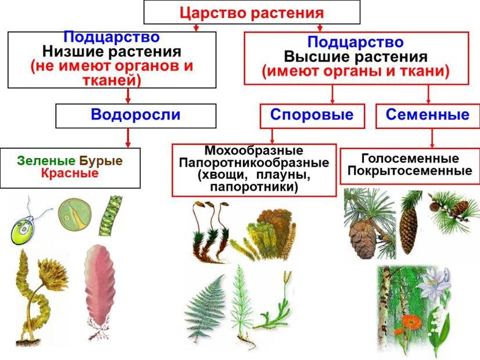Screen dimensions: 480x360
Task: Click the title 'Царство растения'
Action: [x=252, y=13]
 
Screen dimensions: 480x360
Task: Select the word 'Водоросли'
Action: [x=135, y=115]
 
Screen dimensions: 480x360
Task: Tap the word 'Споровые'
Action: [x=311, y=115]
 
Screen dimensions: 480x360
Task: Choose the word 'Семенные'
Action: [x=428, y=115]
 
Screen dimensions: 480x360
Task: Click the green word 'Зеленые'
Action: [x=46, y=161]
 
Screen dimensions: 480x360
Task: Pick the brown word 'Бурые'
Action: [x=101, y=161]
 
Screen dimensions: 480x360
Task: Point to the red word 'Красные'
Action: [x=70, y=174]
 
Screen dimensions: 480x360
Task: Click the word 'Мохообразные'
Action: [x=254, y=150]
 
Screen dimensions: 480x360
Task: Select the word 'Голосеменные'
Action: [x=410, y=159]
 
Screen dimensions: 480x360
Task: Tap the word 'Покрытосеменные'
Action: [x=410, y=171]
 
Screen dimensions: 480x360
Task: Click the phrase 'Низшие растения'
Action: [x=112, y=52]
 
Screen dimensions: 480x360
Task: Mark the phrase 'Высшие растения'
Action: [x=356, y=57]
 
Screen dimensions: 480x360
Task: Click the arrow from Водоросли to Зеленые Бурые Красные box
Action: [x=128, y=138]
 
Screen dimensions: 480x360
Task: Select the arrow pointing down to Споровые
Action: [x=332, y=94]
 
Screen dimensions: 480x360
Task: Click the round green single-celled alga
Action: [x=75, y=214]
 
